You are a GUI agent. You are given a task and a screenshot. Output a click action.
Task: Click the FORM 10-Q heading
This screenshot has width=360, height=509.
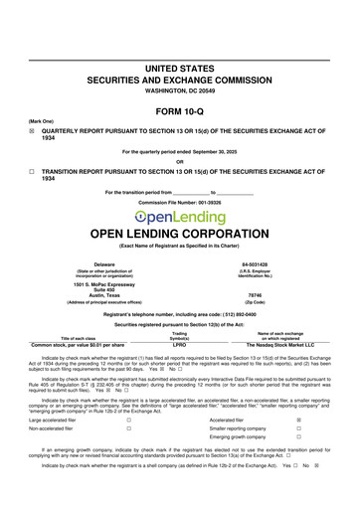[x=180, y=112]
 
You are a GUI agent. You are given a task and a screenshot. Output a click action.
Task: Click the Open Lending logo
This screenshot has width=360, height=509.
[x=180, y=217]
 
